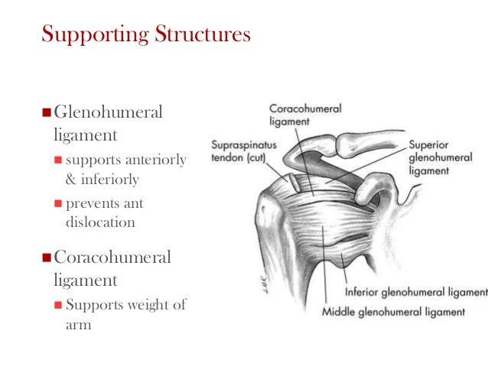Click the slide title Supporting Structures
tap(145, 35)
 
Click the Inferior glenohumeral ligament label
tap(416, 293)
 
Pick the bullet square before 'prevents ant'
tap(58, 204)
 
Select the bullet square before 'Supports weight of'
tap(58, 306)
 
